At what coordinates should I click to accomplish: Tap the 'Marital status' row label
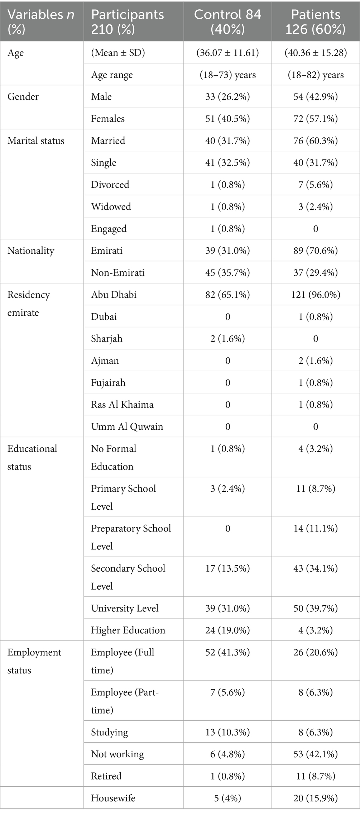(x=36, y=140)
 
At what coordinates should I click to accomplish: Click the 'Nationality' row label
(x=31, y=251)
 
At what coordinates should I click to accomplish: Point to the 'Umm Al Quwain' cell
(x=127, y=426)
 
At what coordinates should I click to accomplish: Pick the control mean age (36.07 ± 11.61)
(x=227, y=53)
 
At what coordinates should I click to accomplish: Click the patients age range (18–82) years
(x=315, y=75)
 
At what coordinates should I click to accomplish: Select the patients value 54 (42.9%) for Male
(x=315, y=97)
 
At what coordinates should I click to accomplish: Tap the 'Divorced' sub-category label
(x=110, y=185)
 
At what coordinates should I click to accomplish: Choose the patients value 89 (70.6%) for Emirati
(x=315, y=251)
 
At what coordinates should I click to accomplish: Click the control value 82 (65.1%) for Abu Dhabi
(x=227, y=295)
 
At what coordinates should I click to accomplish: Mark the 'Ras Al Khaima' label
(x=122, y=405)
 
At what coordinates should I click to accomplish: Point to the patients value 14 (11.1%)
(x=315, y=529)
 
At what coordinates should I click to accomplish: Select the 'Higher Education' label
(x=128, y=630)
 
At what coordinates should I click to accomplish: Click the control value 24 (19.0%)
(x=227, y=630)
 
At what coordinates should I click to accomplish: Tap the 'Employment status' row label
(x=34, y=661)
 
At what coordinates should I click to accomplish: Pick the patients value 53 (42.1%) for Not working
(x=315, y=754)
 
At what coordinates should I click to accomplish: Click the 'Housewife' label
(x=113, y=798)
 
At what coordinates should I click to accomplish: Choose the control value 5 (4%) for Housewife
(x=227, y=798)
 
